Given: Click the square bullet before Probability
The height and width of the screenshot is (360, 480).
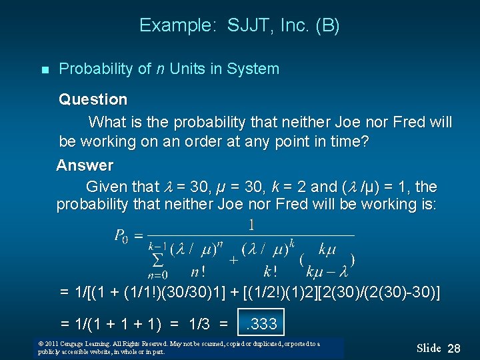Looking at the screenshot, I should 45,69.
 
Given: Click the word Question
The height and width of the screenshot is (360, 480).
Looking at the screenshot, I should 93,100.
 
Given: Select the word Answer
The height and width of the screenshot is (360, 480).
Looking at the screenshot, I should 85,165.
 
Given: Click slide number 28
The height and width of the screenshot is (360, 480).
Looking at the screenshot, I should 454,348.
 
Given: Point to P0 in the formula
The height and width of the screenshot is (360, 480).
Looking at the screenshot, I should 121,236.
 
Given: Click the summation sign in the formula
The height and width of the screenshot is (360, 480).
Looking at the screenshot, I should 158,259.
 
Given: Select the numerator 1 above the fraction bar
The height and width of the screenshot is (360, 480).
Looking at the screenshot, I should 252,225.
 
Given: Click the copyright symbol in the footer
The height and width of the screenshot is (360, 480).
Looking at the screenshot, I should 42,343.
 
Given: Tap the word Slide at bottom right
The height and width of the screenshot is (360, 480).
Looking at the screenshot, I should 429,348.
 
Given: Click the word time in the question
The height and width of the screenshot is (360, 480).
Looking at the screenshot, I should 349,142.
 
